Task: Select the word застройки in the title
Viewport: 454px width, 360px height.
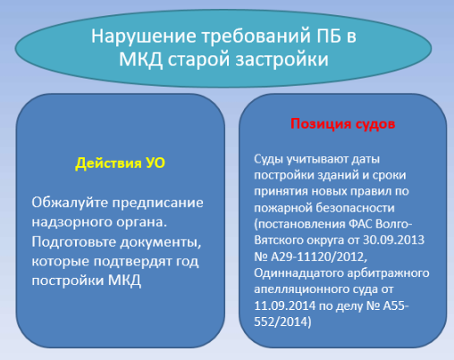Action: pyautogui.click(x=282, y=59)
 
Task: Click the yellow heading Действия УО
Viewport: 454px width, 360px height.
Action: pyautogui.click(x=120, y=163)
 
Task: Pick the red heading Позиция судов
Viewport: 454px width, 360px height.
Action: pyautogui.click(x=342, y=123)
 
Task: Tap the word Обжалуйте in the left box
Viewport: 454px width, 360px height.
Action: pyautogui.click(x=70, y=203)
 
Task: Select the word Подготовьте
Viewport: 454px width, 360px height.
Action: pyautogui.click(x=74, y=242)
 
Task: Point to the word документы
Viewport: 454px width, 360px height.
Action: pyautogui.click(x=161, y=242)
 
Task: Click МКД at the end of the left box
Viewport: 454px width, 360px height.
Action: pyautogui.click(x=124, y=280)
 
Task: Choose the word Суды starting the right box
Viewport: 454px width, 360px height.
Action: pyautogui.click(x=268, y=159)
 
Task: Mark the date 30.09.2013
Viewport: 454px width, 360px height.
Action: pyautogui.click(x=393, y=239)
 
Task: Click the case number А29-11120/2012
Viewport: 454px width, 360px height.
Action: pyautogui.click(x=319, y=256)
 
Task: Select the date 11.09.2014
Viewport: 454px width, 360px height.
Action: pyautogui.click(x=284, y=306)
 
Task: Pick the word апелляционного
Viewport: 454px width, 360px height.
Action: pyautogui.click(x=300, y=289)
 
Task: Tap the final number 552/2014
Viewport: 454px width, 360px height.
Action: pyautogui.click(x=281, y=322)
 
